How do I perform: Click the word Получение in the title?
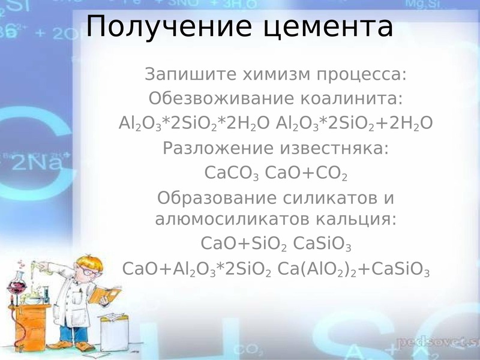(169, 26)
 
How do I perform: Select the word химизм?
(277, 74)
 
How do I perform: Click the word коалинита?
(351, 98)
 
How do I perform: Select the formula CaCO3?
(232, 173)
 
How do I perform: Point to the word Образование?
(217, 198)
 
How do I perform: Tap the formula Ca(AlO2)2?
(317, 269)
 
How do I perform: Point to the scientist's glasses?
(91, 271)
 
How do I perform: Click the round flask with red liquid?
(17, 286)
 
